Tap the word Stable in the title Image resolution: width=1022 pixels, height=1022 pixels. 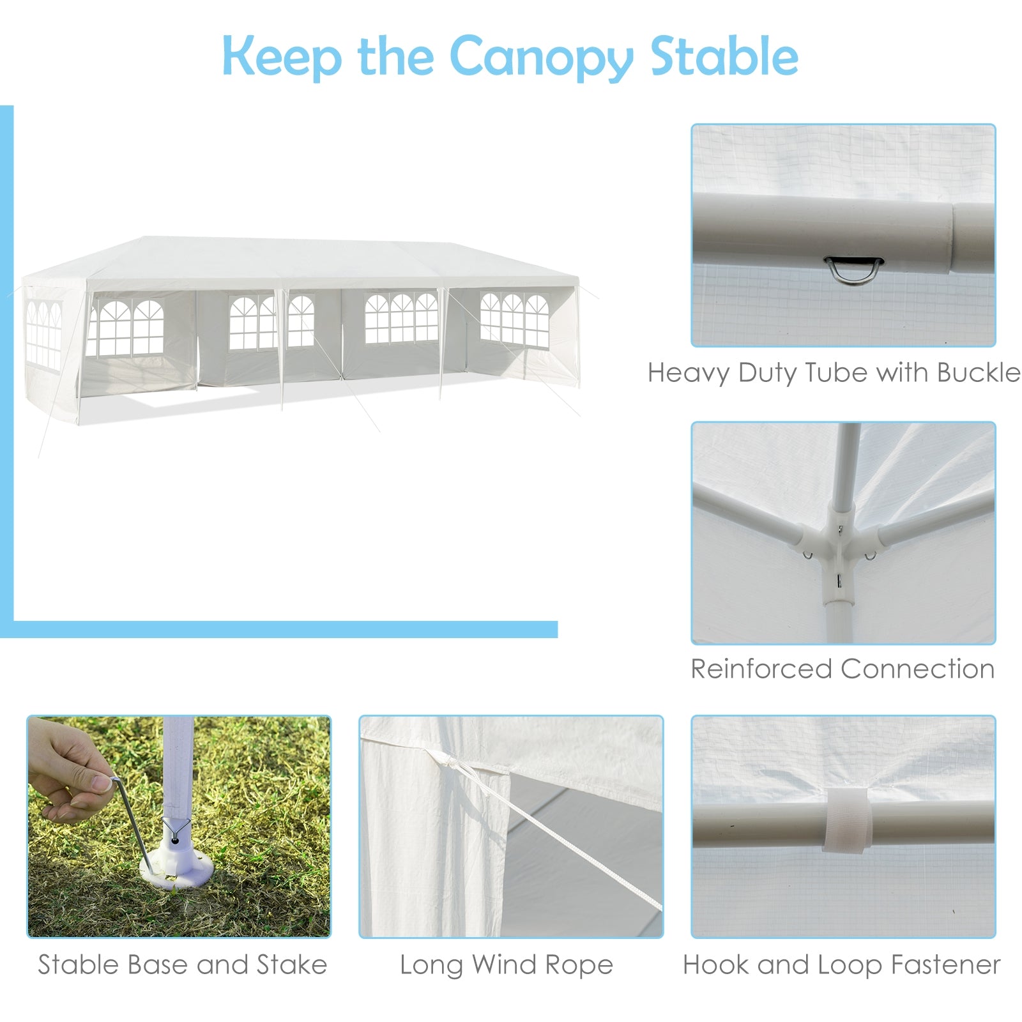pos(724,56)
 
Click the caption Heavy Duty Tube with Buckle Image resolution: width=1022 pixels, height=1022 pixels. pos(834,372)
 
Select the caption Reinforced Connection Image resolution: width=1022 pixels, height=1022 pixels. pos(843,669)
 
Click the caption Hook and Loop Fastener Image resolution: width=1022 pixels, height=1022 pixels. pos(841,965)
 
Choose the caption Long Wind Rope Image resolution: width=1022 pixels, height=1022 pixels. pos(506,965)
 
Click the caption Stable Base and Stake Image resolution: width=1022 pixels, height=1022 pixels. pos(182,965)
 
